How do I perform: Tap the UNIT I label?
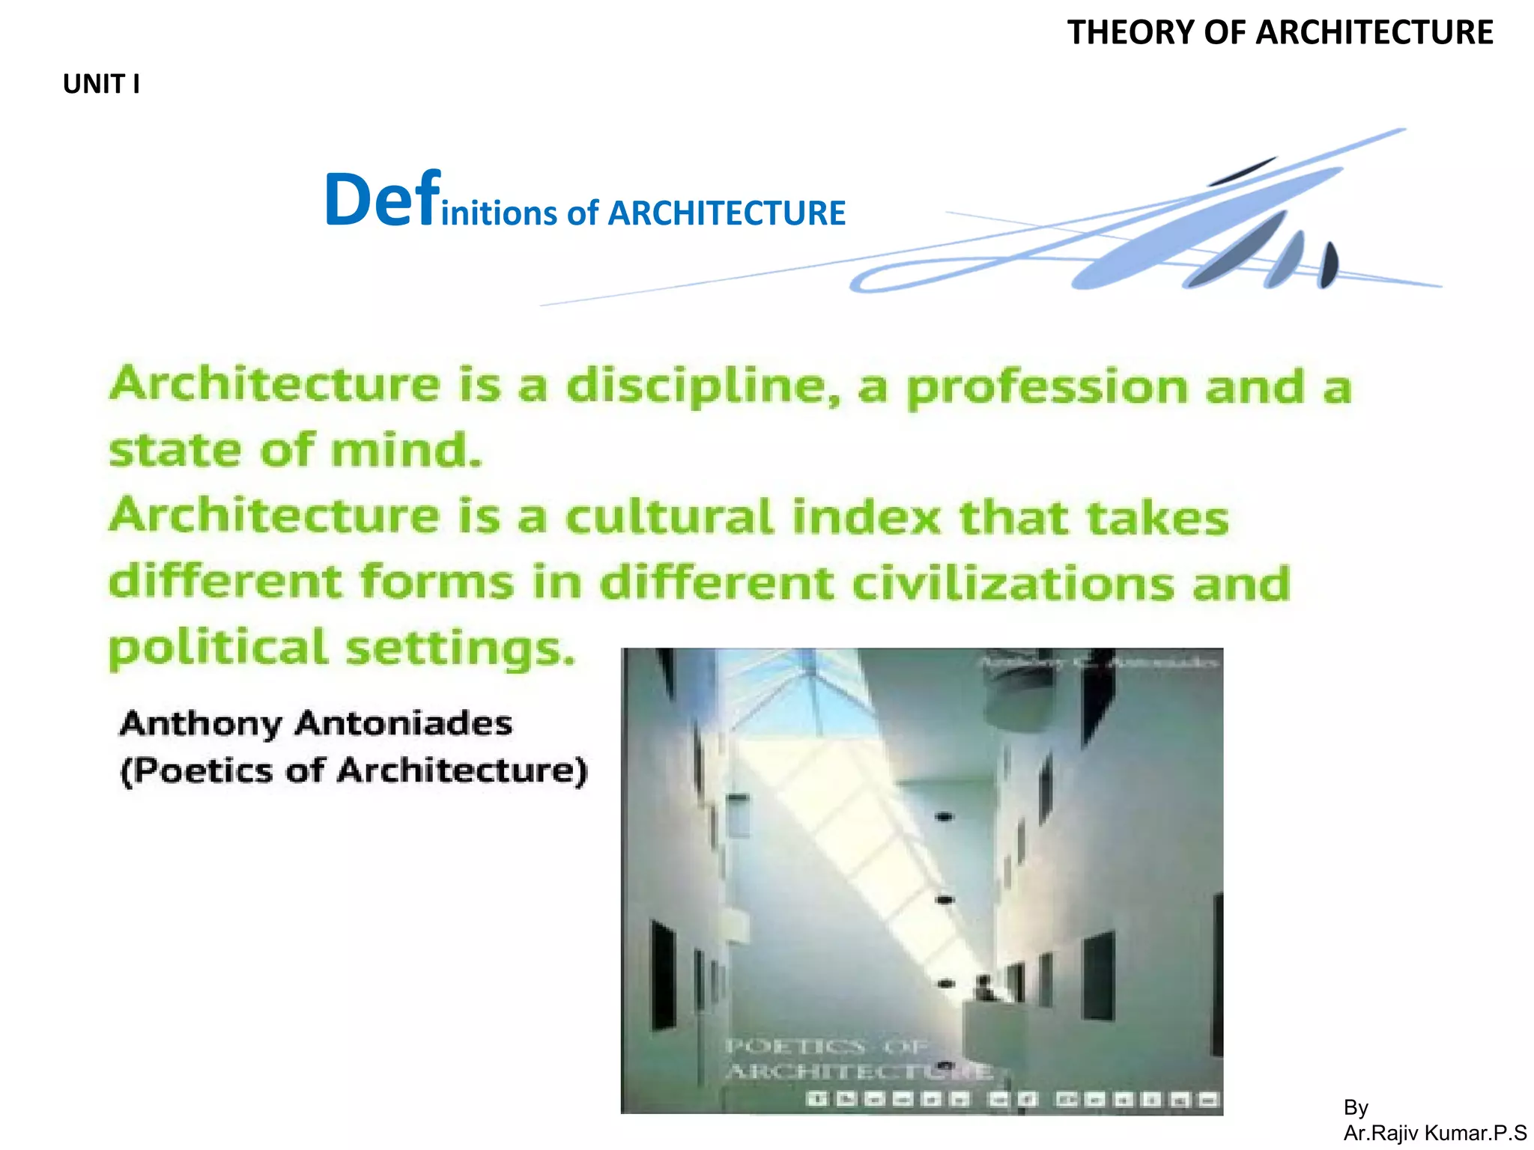tap(101, 84)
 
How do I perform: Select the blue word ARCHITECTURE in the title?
tap(726, 213)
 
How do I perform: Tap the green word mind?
tap(406, 451)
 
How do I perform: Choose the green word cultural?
tap(670, 517)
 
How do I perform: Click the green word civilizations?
tap(1013, 583)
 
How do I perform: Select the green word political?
tap(218, 648)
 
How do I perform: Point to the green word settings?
tap(460, 648)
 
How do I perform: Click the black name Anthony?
tap(200, 724)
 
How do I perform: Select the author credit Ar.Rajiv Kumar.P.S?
tap(1434, 1133)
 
